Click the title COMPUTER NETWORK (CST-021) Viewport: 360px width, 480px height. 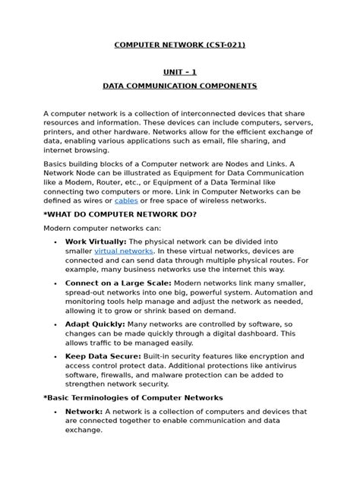tap(180, 46)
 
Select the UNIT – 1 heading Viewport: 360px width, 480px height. tap(180, 72)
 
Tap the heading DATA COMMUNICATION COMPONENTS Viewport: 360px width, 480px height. tap(180, 87)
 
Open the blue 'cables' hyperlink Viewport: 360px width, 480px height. tap(126, 201)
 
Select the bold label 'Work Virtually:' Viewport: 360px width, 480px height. tap(96, 241)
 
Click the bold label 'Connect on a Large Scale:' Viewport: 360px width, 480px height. tap(118, 282)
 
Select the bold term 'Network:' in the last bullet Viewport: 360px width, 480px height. tap(84, 411)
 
